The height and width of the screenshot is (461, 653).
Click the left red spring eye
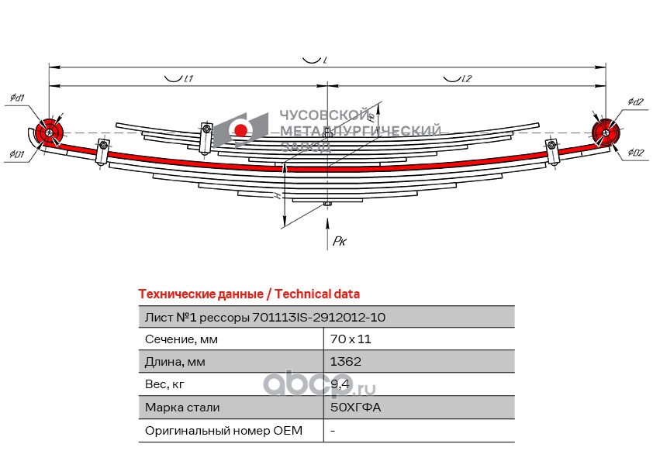point(50,133)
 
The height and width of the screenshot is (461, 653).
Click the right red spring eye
point(604,132)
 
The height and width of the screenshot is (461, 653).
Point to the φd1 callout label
point(17,98)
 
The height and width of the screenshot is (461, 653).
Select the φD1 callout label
point(17,154)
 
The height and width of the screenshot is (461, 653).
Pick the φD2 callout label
point(636,153)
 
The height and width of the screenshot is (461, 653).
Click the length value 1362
point(345,361)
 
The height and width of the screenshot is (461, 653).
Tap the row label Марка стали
point(182,407)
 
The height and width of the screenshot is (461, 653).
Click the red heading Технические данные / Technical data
point(248,294)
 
